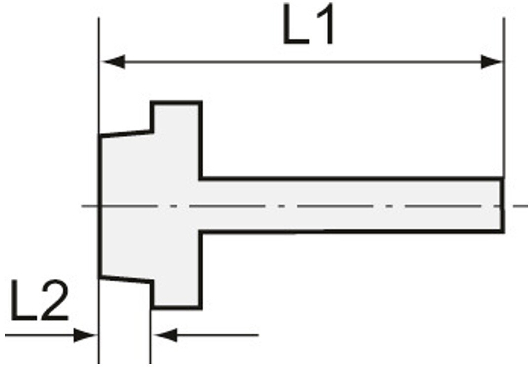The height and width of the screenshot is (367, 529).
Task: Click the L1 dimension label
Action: pos(308,24)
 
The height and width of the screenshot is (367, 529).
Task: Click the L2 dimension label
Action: pos(39,300)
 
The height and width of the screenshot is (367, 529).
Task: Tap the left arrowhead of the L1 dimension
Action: pos(113,62)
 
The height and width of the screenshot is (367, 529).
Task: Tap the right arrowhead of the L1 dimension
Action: pos(491,62)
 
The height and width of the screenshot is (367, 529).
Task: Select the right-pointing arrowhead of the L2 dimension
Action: pos(85,335)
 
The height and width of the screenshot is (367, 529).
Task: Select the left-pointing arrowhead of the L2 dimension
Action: pos(165,335)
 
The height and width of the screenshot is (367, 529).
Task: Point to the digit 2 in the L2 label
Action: pos(54,300)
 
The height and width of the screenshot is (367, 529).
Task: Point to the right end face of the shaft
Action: pos(502,205)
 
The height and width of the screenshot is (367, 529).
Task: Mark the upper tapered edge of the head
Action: pos(125,134)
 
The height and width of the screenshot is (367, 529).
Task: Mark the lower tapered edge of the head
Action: pos(125,279)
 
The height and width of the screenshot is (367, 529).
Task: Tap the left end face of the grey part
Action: pos(100,206)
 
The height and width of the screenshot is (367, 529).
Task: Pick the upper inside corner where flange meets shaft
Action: pos(201,178)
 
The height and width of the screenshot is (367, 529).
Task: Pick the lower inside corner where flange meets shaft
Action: pos(201,231)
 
